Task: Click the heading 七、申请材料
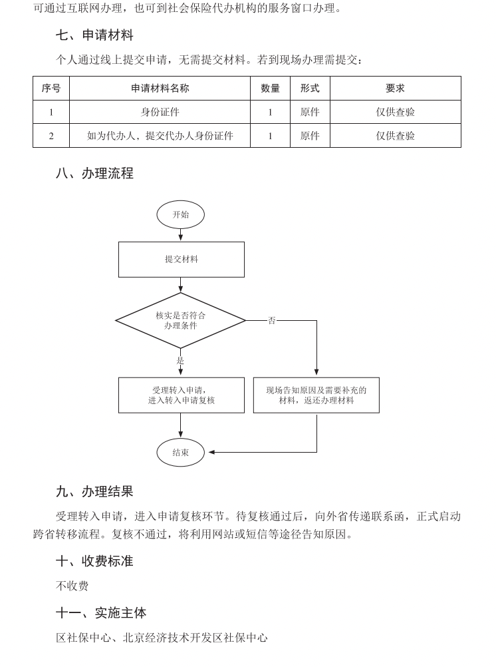(94, 35)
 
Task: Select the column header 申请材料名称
(160, 88)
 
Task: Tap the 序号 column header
(51, 88)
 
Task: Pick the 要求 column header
(395, 88)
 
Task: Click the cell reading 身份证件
(160, 112)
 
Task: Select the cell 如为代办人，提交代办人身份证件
(160, 136)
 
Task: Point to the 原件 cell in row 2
(310, 136)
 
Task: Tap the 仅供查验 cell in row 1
(395, 112)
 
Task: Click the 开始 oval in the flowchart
(181, 214)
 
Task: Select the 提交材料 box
(181, 259)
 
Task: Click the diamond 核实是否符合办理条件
(181, 320)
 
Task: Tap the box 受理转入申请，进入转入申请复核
(181, 395)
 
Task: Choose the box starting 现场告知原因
(316, 395)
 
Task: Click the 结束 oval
(181, 453)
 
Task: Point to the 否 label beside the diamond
(271, 321)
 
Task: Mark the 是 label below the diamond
(180, 360)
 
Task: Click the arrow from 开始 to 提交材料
(181, 235)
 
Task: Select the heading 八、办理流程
(94, 174)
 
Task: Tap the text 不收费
(72, 586)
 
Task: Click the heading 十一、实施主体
(101, 612)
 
